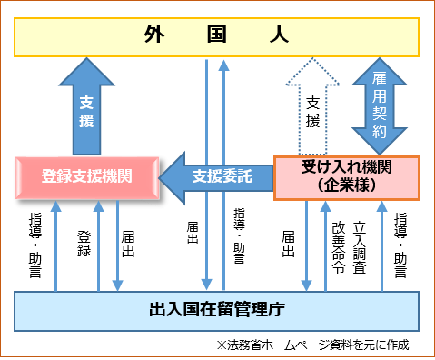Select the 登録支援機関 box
tap(87, 177)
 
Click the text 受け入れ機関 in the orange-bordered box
tap(347, 169)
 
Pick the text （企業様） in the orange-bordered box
tap(347, 185)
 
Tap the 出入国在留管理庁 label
tap(216, 309)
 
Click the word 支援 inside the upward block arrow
tap(86, 111)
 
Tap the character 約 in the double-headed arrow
tap(380, 132)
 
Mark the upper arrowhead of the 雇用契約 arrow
tap(380, 65)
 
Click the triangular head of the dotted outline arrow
tap(312, 73)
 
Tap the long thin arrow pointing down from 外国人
tap(207, 182)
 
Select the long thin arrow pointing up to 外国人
tap(223, 182)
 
